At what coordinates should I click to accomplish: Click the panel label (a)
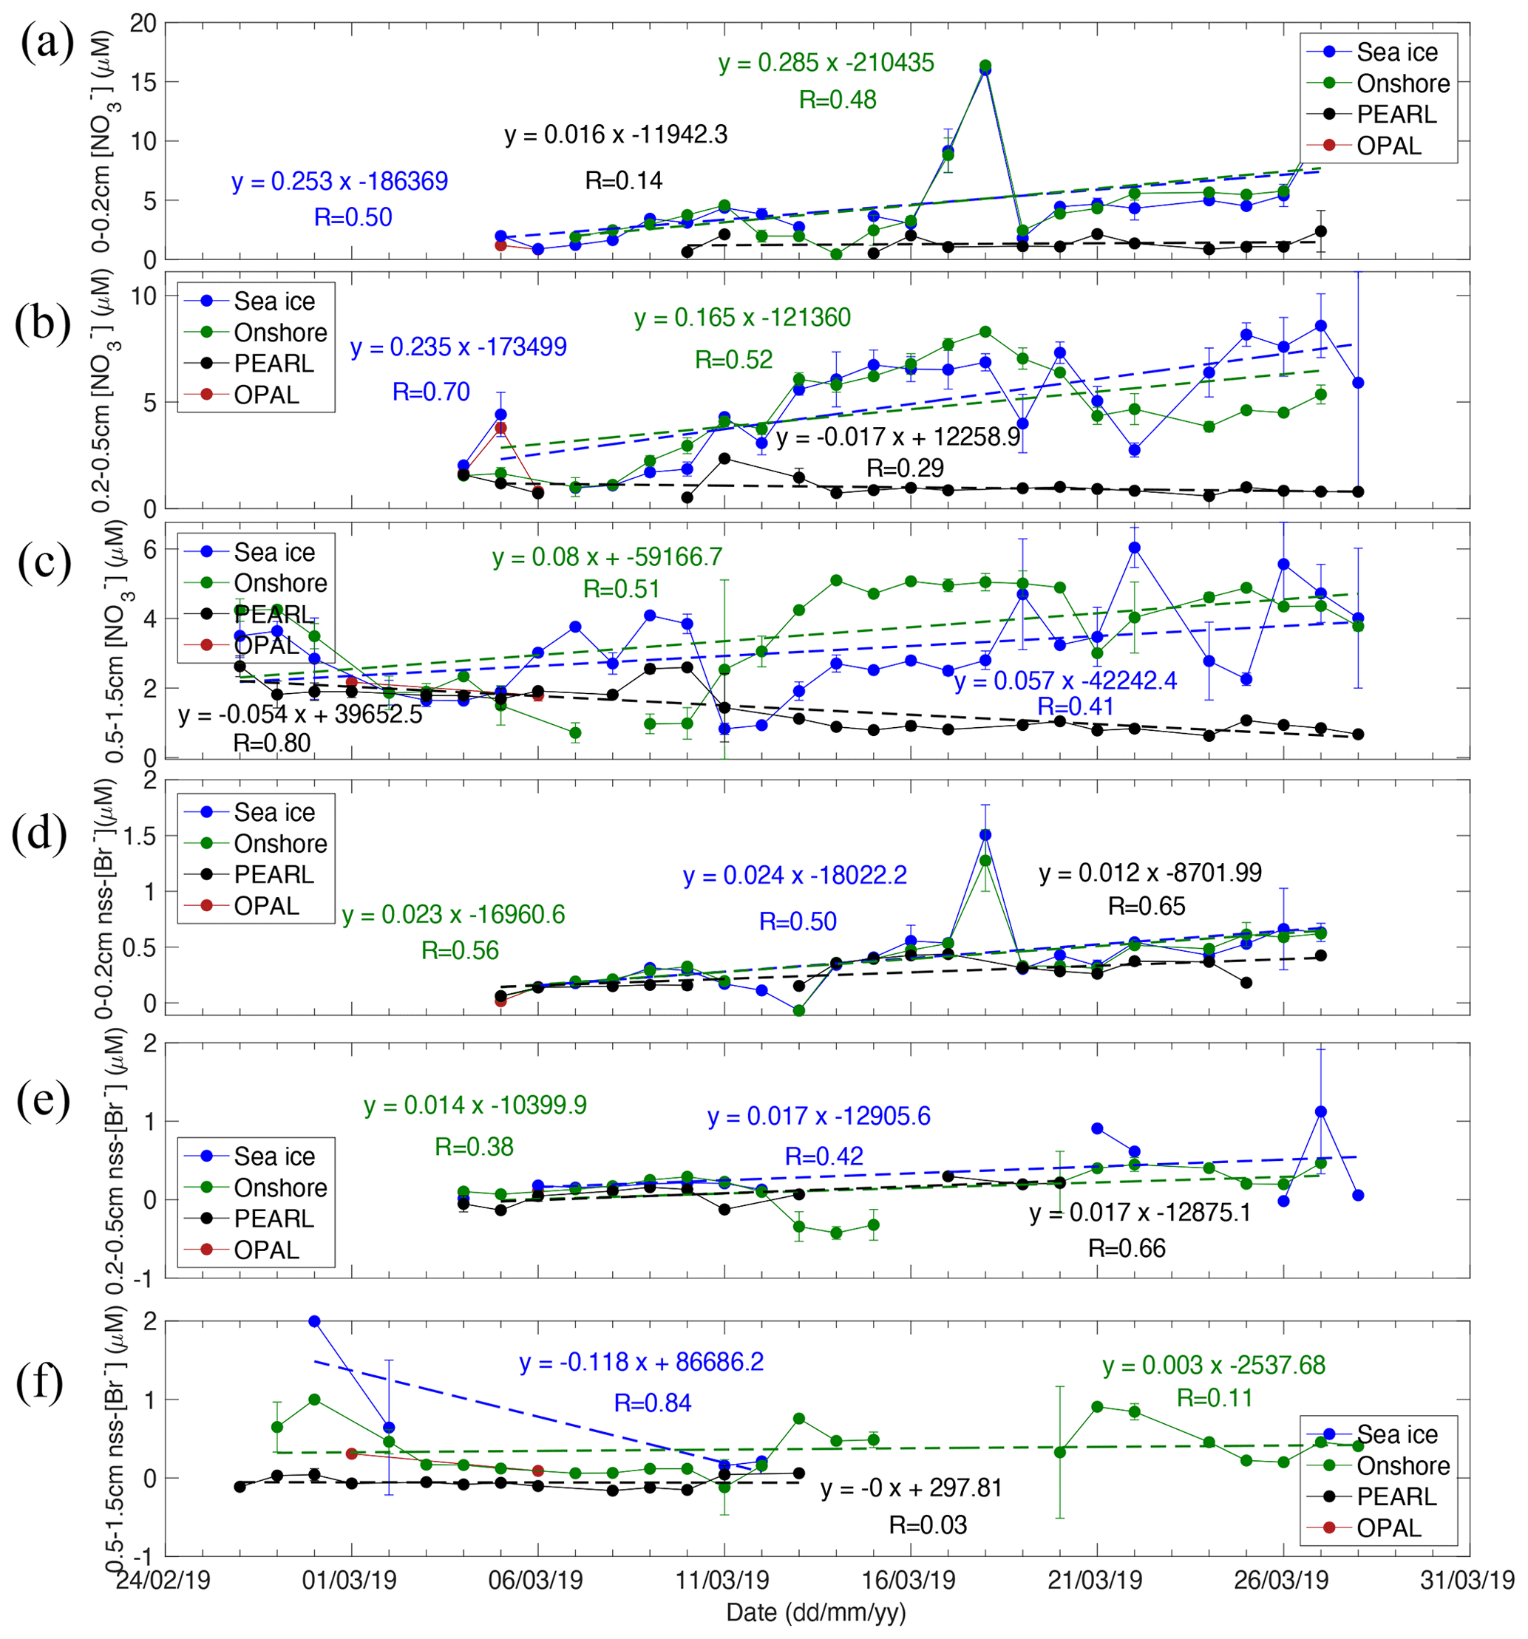tap(47, 43)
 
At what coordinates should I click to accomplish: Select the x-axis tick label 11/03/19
tap(722, 1580)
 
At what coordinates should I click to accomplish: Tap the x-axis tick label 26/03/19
tap(1280, 1580)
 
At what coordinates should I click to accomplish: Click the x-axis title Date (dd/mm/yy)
tap(815, 1612)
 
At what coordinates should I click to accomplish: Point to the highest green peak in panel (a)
tap(985, 65)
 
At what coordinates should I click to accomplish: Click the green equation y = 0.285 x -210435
tap(826, 63)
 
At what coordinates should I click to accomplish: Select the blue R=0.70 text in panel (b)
tap(430, 392)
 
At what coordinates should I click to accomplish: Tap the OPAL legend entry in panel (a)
tap(1388, 146)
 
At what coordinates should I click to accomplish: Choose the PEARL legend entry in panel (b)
tap(273, 364)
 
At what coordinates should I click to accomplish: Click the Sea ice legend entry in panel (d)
tap(274, 812)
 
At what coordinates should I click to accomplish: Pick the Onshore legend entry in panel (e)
tap(280, 1187)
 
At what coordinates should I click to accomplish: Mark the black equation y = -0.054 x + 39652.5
tap(300, 714)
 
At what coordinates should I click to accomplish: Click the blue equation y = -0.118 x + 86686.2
tap(641, 1362)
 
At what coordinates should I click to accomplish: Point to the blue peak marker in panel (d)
tap(985, 835)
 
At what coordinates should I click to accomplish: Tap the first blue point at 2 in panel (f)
tap(314, 1321)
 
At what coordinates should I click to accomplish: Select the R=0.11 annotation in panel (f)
tap(1214, 1398)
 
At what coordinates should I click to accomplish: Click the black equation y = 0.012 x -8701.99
tap(1150, 873)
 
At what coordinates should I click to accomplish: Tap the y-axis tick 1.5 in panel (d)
tap(138, 836)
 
